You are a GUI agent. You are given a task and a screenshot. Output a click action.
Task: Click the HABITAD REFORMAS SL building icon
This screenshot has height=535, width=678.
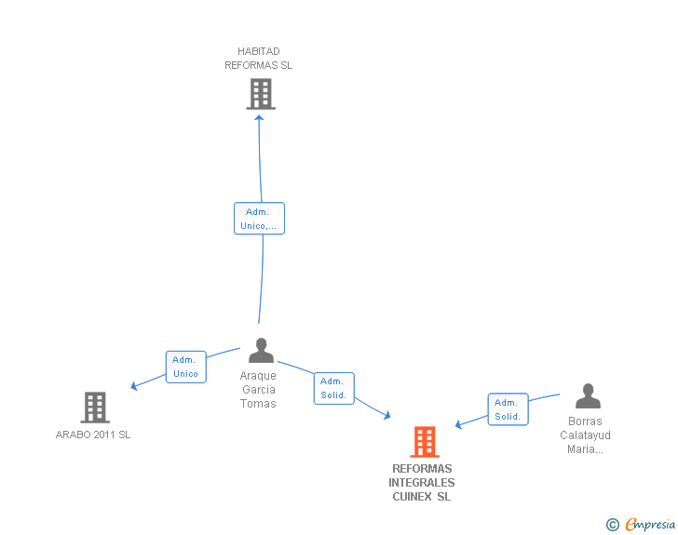[261, 93]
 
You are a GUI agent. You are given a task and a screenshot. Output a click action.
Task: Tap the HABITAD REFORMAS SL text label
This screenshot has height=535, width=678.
[259, 59]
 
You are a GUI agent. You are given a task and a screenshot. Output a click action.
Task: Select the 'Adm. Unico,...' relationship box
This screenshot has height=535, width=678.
[259, 219]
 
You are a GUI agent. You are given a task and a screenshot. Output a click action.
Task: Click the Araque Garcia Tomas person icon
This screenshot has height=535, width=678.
[261, 351]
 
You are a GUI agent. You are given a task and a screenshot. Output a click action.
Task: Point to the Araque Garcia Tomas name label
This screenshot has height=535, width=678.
[258, 390]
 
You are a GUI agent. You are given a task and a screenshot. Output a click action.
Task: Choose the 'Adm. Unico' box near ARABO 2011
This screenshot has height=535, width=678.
[185, 367]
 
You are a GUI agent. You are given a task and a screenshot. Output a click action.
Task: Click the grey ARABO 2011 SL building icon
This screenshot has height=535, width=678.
[95, 407]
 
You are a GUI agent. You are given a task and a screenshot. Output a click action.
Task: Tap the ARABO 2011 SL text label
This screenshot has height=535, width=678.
[93, 435]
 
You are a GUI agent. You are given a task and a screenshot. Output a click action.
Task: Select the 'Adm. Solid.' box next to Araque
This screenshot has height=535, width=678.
[333, 388]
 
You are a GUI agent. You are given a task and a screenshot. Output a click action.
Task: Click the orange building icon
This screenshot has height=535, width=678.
[425, 442]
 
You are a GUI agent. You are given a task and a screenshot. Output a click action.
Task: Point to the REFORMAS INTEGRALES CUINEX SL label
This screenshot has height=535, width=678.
[422, 483]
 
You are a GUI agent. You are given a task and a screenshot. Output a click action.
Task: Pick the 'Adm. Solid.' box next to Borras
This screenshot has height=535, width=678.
[508, 409]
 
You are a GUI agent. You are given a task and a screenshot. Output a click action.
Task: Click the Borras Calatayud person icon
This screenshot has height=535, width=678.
[588, 396]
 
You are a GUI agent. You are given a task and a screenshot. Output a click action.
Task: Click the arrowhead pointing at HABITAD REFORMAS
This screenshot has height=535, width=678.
[259, 118]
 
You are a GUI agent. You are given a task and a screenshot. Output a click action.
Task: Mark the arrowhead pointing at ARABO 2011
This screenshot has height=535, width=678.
[135, 385]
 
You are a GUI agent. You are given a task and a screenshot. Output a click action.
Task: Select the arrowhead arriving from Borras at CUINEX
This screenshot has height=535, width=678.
[459, 425]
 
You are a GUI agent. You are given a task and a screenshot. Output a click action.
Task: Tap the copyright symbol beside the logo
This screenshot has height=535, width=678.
[612, 525]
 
